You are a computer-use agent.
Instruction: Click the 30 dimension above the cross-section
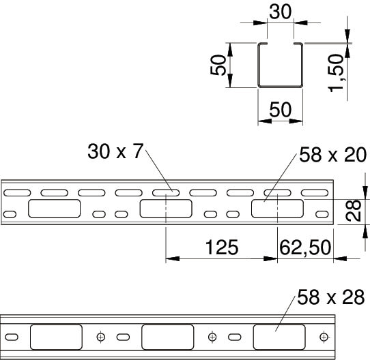pos(281,12)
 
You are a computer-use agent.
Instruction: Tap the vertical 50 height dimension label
pos(218,65)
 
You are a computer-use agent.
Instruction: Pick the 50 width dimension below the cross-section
pos(281,110)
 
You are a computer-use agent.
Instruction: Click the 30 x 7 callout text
pos(115,151)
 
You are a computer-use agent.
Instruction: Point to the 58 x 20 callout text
pos(333,155)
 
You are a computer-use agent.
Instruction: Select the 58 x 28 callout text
pos(331,297)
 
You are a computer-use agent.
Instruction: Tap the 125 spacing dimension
pos(222,247)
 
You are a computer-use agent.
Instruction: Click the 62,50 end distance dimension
pos(305,247)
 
